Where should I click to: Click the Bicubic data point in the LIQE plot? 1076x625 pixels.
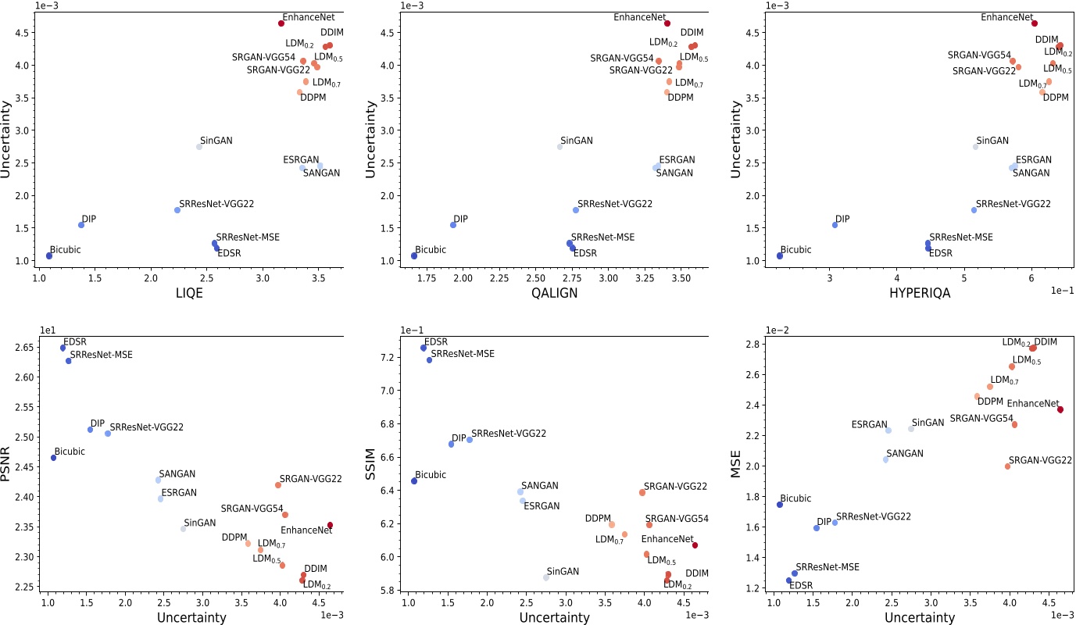(49, 255)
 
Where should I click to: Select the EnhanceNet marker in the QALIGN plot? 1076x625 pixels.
(667, 23)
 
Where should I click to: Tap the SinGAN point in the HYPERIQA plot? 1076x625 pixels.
(975, 147)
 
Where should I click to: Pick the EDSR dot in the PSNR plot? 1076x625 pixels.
(63, 348)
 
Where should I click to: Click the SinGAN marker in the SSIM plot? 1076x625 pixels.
(546, 577)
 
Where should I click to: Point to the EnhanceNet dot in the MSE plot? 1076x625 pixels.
(1060, 409)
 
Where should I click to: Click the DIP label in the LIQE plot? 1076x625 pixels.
(88, 220)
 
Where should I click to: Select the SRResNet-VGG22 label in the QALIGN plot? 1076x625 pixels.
(615, 204)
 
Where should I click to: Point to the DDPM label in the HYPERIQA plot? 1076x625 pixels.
(1056, 98)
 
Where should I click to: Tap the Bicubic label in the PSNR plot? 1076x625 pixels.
(70, 452)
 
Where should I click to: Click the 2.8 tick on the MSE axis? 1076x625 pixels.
(754, 345)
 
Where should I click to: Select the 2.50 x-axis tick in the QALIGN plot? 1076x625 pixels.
(535, 277)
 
